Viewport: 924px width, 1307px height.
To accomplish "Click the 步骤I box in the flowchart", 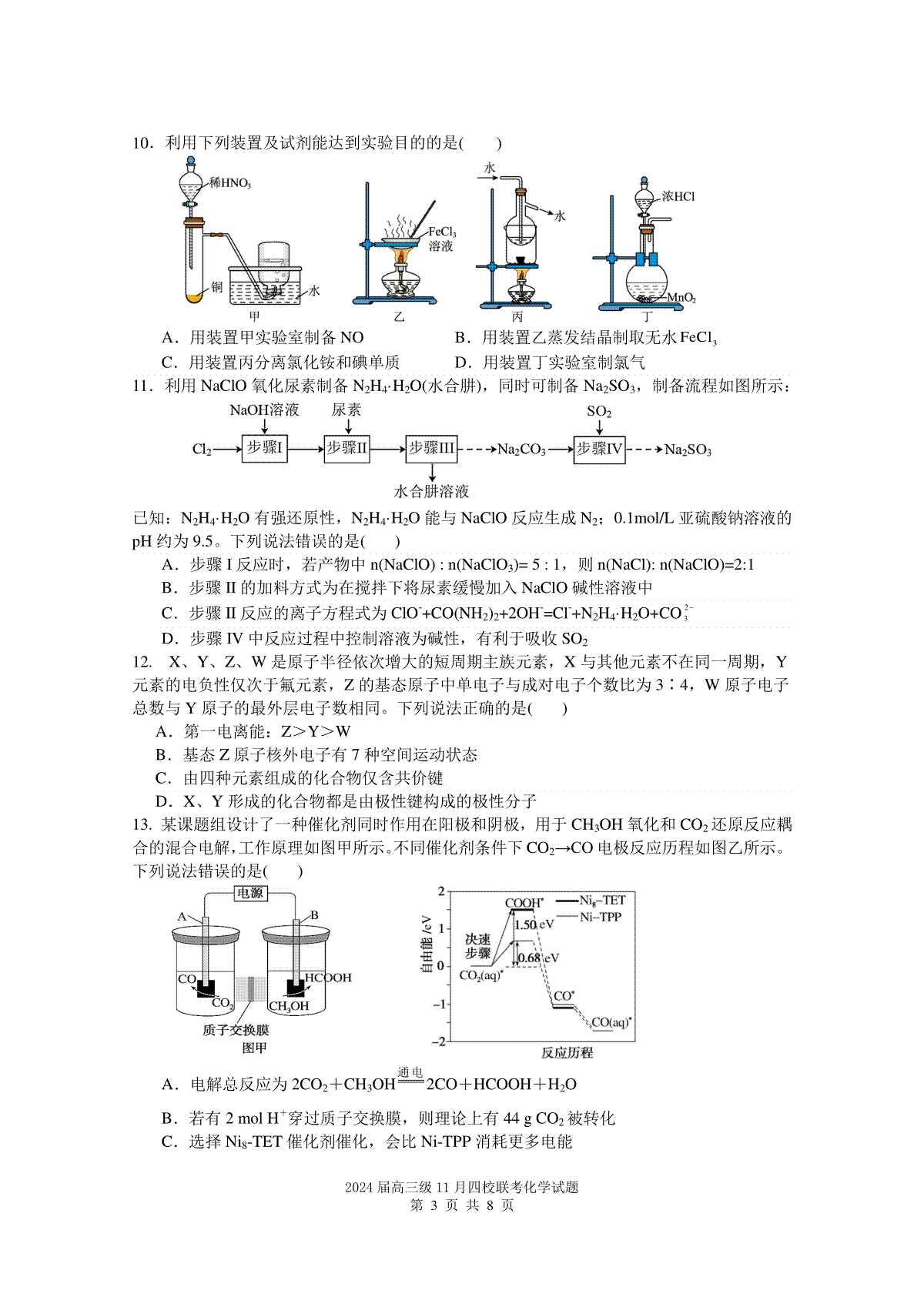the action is tap(264, 449).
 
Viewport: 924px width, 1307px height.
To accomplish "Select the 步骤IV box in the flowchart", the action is tap(599, 450).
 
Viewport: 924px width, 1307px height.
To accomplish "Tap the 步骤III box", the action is tap(431, 449).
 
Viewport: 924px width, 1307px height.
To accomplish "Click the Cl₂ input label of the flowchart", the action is tap(202, 450).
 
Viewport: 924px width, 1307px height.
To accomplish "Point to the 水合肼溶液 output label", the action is tap(431, 491).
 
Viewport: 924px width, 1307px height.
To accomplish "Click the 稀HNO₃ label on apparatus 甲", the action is tap(230, 183).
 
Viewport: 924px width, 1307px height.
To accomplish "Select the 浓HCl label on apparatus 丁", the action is tap(678, 196).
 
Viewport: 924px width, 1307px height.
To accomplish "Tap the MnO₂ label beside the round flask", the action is tap(681, 298).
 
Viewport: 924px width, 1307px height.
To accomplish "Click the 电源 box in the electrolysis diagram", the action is tap(250, 893).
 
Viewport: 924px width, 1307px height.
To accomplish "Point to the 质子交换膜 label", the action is tap(236, 1030).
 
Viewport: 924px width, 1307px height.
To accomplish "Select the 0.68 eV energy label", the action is tap(538, 958).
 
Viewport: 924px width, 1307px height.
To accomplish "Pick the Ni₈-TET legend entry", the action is tap(590, 901).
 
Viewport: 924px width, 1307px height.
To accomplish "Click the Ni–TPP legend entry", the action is tap(590, 917).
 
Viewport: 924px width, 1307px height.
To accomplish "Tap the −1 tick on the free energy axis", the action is tap(439, 1004).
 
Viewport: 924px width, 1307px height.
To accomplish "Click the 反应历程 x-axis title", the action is tap(567, 1052).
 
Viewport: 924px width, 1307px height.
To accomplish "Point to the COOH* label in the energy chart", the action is tap(524, 903).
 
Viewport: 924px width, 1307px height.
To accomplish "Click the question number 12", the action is tap(142, 662).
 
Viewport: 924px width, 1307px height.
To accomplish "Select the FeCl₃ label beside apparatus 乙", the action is tap(443, 232).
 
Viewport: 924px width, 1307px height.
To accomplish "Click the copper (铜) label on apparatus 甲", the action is tap(216, 286).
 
